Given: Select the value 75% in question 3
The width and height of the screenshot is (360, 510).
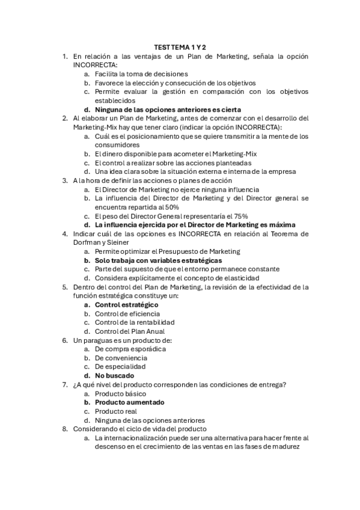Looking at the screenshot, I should (x=240, y=216).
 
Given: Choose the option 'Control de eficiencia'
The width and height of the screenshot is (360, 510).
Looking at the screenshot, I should (x=127, y=314).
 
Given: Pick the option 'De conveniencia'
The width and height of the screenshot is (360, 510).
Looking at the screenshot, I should (x=121, y=358).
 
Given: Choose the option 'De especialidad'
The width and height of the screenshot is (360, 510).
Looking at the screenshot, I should (x=120, y=366).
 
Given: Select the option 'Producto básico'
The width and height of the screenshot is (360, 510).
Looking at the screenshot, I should (x=121, y=393).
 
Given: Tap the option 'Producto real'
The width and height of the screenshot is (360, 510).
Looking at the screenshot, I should (x=116, y=411).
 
